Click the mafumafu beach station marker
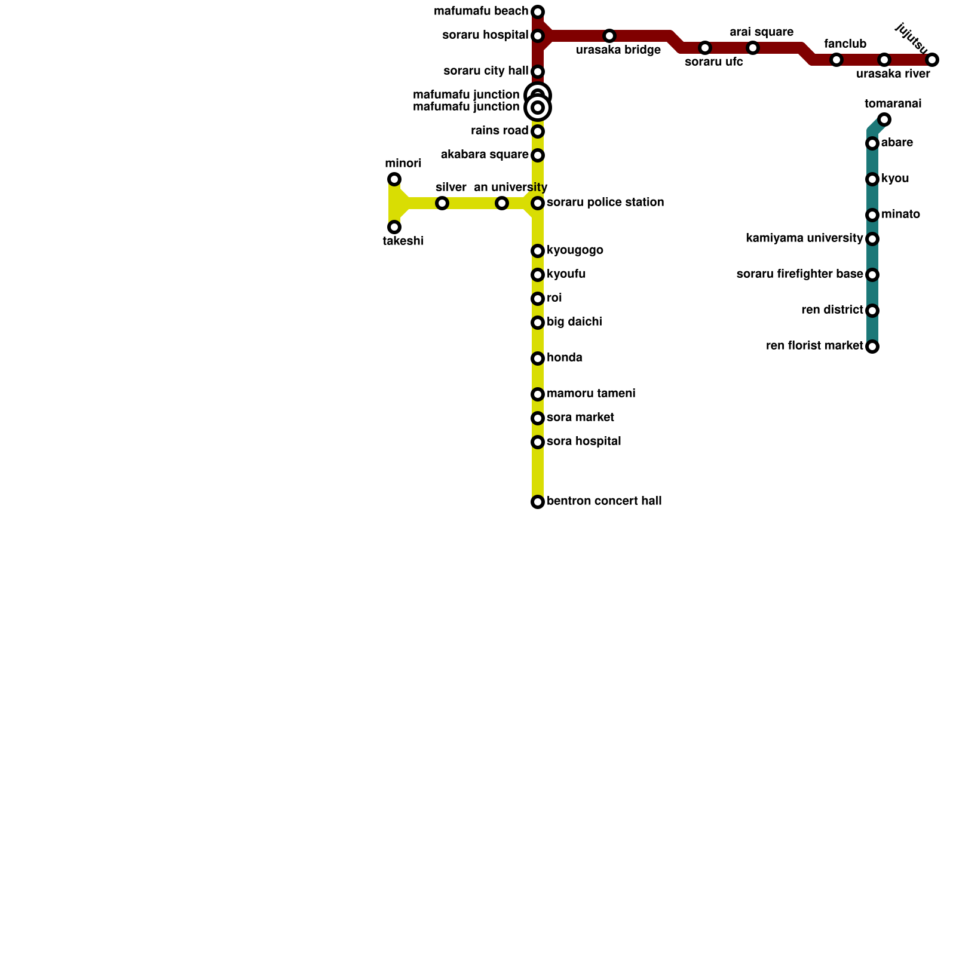[538, 12]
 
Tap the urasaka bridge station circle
[609, 36]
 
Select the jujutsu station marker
[932, 60]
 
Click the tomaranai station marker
[884, 119]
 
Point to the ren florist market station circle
[872, 347]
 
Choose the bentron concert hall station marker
[538, 502]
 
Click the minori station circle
[394, 179]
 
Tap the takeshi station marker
[394, 227]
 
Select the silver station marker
[442, 203]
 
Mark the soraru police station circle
[538, 203]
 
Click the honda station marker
[538, 358]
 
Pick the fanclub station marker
[836, 60]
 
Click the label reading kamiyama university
[804, 238]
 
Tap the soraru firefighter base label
[799, 274]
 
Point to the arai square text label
[761, 32]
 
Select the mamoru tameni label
[590, 394]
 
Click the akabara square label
[485, 155]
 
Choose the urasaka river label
[893, 74]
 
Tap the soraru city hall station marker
[538, 72]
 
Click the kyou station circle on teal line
[872, 179]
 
